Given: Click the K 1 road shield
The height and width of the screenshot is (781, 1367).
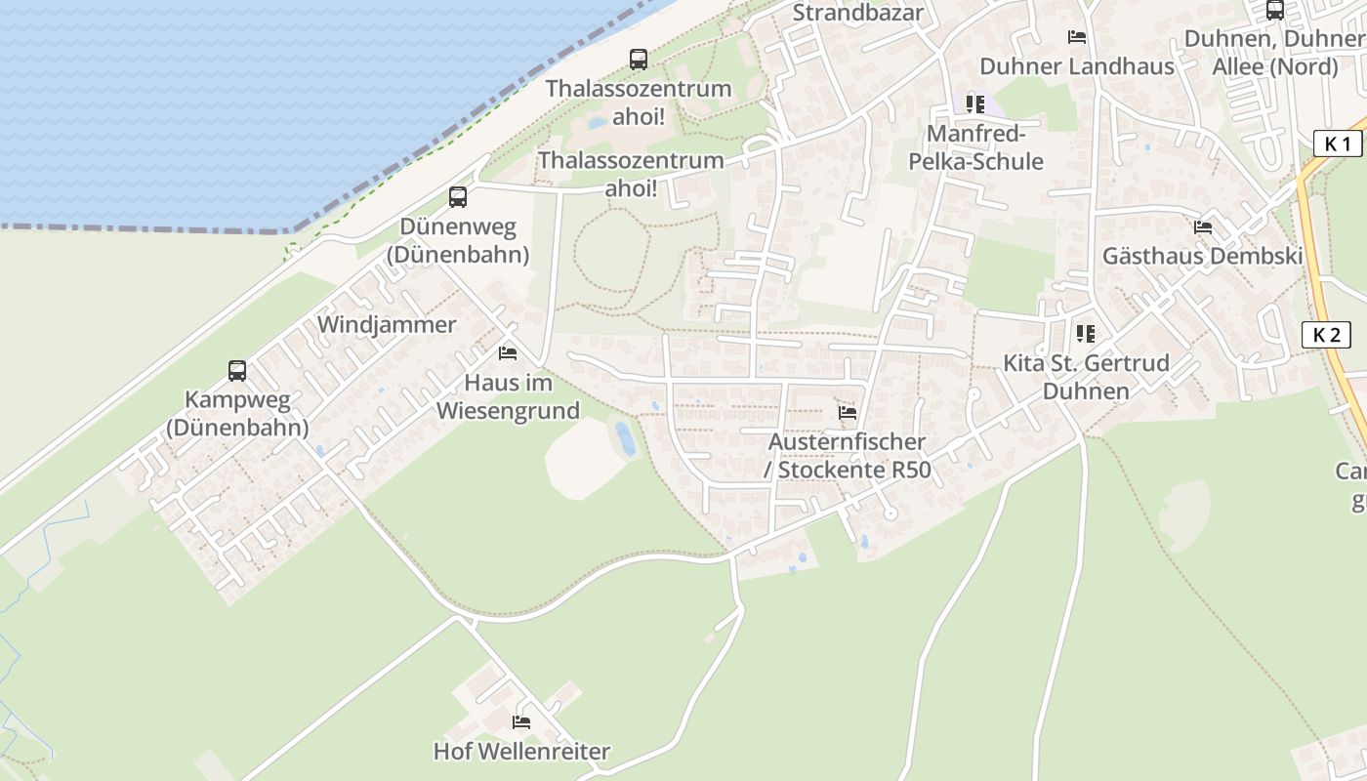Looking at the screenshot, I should click(1337, 144).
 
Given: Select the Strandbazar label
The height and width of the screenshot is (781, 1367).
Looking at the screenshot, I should click(857, 14).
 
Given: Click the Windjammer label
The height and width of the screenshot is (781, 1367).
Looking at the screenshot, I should click(387, 325).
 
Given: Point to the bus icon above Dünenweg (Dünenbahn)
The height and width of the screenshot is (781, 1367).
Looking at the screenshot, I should click(458, 197).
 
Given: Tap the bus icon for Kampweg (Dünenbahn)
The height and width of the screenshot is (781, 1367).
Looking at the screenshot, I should click(237, 371).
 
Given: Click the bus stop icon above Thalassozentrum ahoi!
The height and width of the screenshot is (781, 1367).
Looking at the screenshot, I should click(639, 60).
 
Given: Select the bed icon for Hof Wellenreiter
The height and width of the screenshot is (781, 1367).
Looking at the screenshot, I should click(521, 722).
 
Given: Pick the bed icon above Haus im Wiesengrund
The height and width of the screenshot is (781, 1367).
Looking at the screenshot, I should click(507, 352).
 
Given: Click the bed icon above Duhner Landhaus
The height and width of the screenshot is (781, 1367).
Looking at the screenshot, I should click(1077, 37).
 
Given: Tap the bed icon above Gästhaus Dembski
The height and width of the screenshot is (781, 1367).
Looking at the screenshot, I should click(1203, 227).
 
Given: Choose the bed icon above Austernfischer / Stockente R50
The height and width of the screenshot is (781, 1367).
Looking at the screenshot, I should click(848, 413).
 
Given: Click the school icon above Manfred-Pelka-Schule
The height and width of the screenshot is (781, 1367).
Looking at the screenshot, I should click(974, 103).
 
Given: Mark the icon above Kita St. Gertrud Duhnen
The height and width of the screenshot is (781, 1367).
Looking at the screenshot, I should click(1085, 334).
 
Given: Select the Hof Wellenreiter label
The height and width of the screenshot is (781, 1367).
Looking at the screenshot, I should click(521, 752).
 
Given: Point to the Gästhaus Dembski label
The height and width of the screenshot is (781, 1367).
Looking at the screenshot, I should click(1202, 257).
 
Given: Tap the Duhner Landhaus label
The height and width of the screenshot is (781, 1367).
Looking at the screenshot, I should click(1077, 66).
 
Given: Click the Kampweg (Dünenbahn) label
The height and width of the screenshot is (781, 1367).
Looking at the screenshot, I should click(237, 413).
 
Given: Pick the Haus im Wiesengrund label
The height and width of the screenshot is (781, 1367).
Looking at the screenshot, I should click(508, 396).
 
